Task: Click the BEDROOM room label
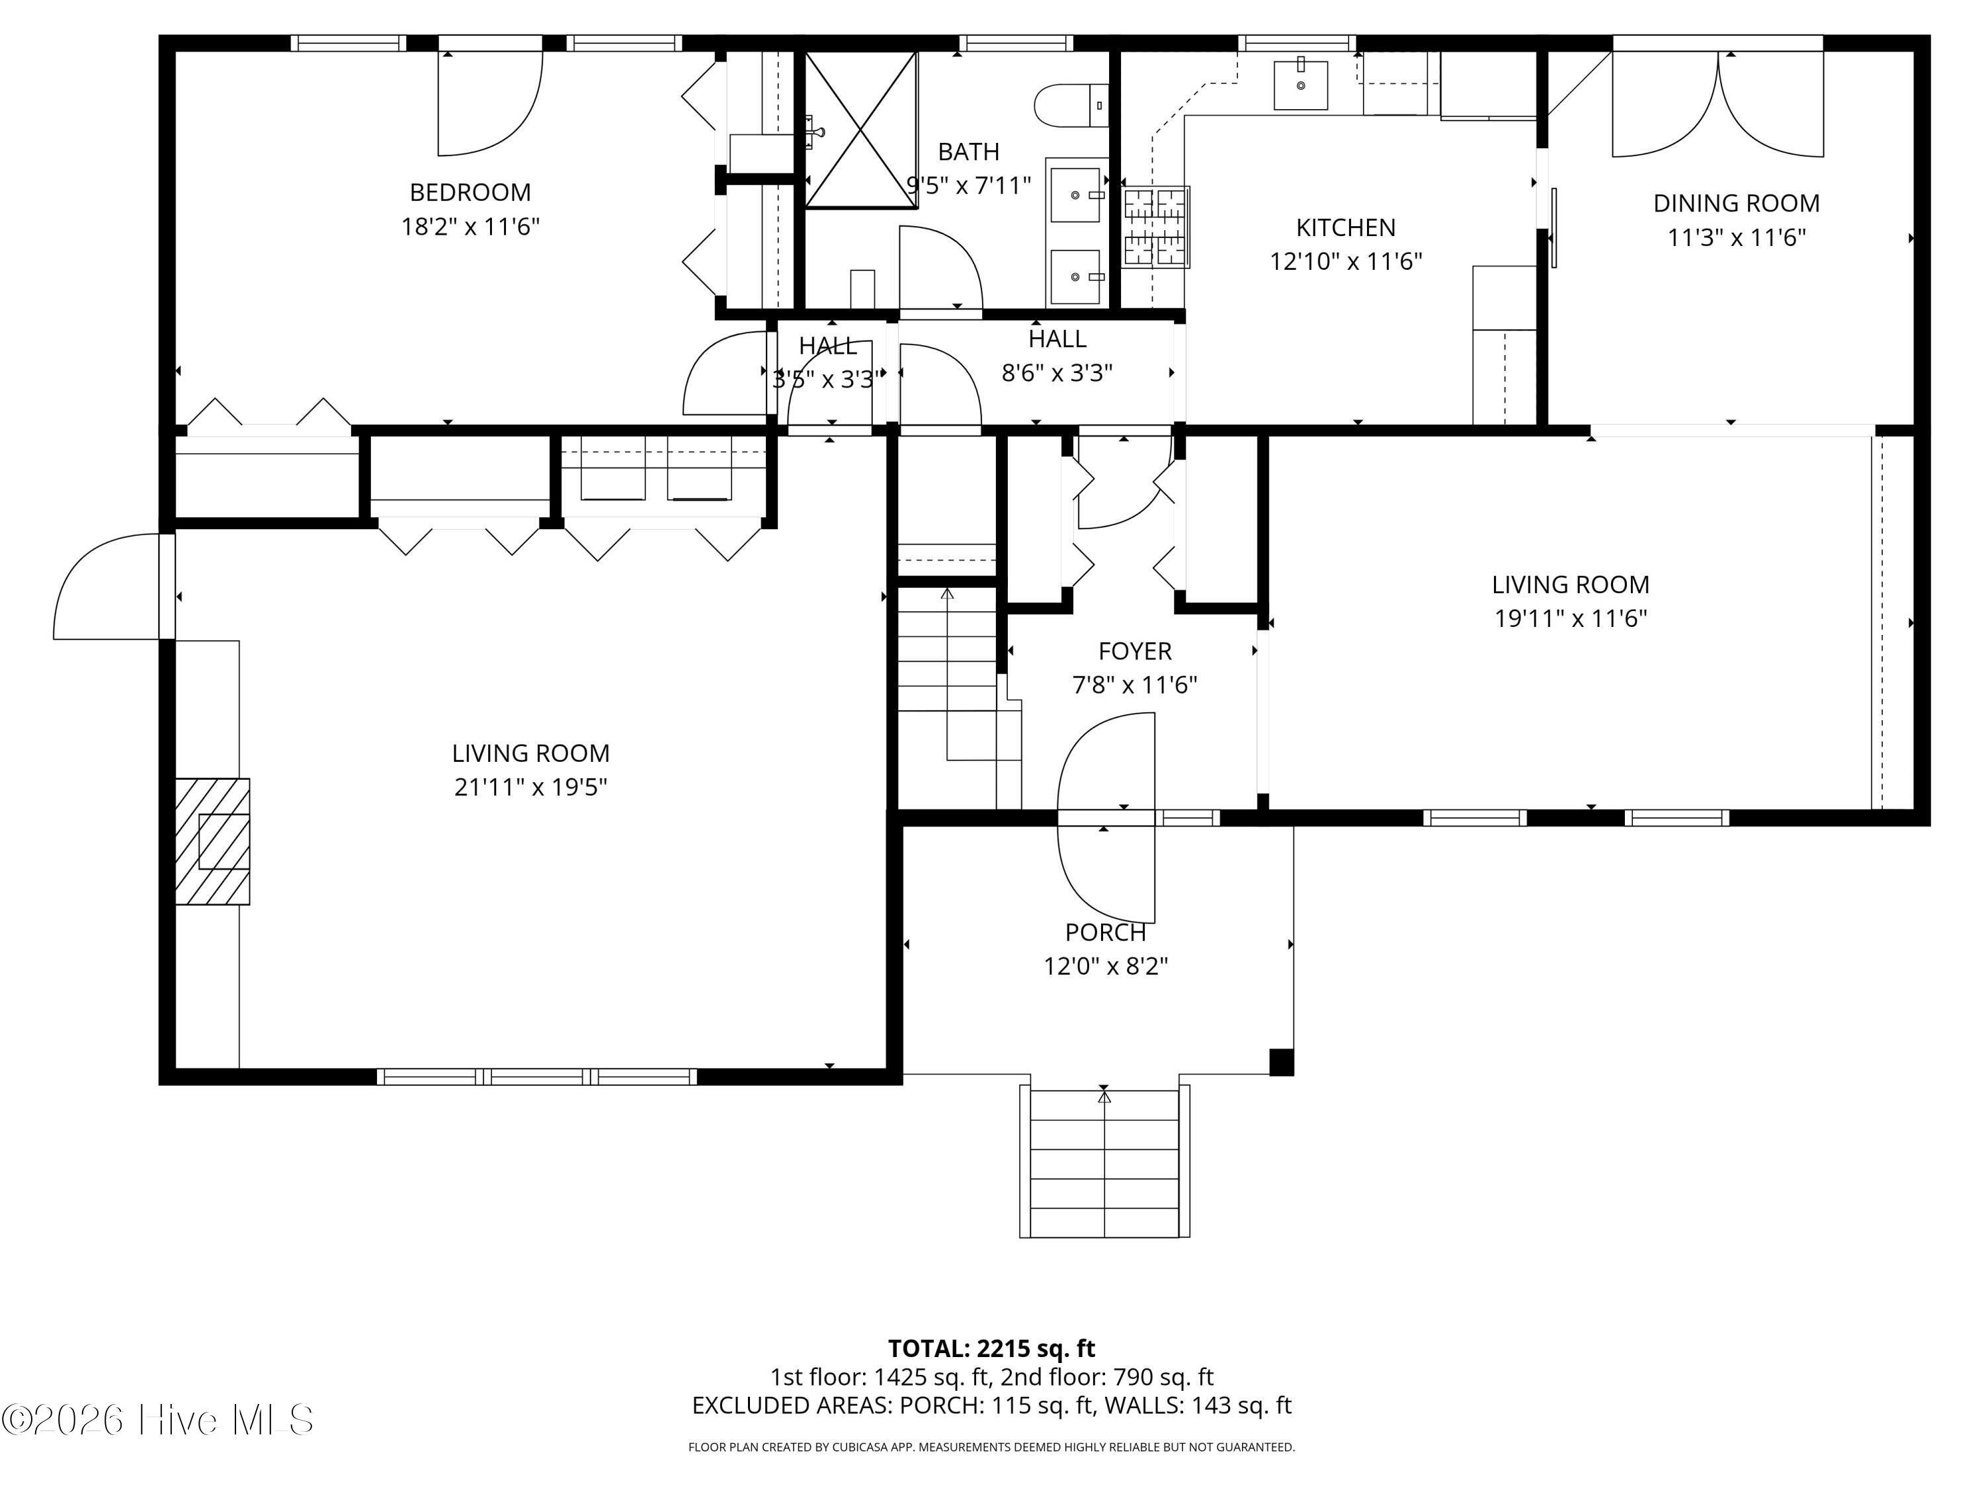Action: click(x=470, y=192)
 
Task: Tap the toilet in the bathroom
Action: click(x=1072, y=106)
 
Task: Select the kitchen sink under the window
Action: click(x=1301, y=84)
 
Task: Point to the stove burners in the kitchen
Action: click(x=1156, y=227)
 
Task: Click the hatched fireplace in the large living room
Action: click(x=212, y=841)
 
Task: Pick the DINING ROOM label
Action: click(x=1737, y=204)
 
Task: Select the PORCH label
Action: click(x=1105, y=932)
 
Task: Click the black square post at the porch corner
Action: click(x=1282, y=1062)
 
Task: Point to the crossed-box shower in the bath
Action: click(x=861, y=130)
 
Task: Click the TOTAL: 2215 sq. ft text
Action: click(x=991, y=1348)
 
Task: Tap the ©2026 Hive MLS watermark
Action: click(x=158, y=1419)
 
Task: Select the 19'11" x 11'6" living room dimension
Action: click(x=1571, y=618)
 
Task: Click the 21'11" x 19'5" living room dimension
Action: click(x=531, y=786)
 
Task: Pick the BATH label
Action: click(x=969, y=151)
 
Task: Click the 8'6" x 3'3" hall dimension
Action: click(x=1057, y=372)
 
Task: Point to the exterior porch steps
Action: click(x=1104, y=1163)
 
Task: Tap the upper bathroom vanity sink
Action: click(x=1075, y=194)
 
